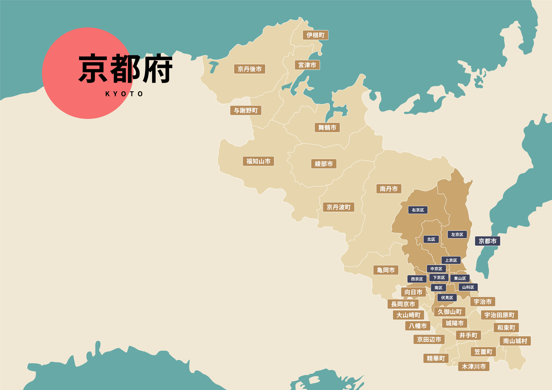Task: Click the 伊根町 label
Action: [315, 35]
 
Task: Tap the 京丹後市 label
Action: [250, 69]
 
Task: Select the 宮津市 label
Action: [307, 65]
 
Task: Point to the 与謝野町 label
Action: [246, 110]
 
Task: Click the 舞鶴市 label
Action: [327, 128]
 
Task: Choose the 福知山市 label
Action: [258, 161]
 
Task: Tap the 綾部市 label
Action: [324, 164]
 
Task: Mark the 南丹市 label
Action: [389, 189]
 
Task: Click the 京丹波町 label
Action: [338, 207]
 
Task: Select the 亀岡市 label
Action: [386, 270]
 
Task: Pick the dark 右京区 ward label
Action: [418, 210]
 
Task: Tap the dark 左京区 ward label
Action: [457, 235]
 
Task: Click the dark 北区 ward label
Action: [431, 239]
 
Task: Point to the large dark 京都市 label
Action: [487, 241]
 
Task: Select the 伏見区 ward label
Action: [447, 298]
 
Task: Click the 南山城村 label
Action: [515, 341]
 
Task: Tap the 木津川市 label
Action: [474, 367]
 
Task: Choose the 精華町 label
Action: [436, 358]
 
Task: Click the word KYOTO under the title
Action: [124, 94]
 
